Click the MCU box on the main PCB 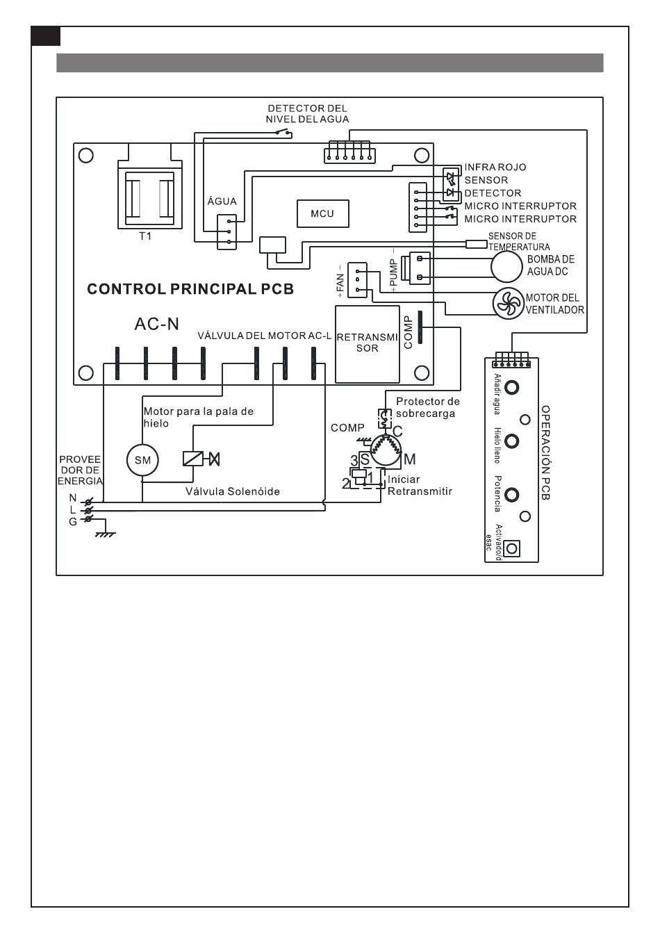point(322,213)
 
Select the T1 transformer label point(145,236)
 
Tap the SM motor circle point(142,460)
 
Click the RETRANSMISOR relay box point(367,343)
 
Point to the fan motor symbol point(508,304)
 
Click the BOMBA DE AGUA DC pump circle point(506,265)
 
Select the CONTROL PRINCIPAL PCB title point(190,289)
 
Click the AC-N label point(156,324)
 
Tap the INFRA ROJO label point(495,167)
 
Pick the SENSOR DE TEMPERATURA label point(518,242)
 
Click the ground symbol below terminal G point(105,534)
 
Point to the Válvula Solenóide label point(232,492)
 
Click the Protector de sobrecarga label point(427,407)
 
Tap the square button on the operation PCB point(512,549)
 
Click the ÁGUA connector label point(222,202)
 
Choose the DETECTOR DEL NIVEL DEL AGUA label point(307,114)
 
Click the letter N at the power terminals point(72,498)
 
